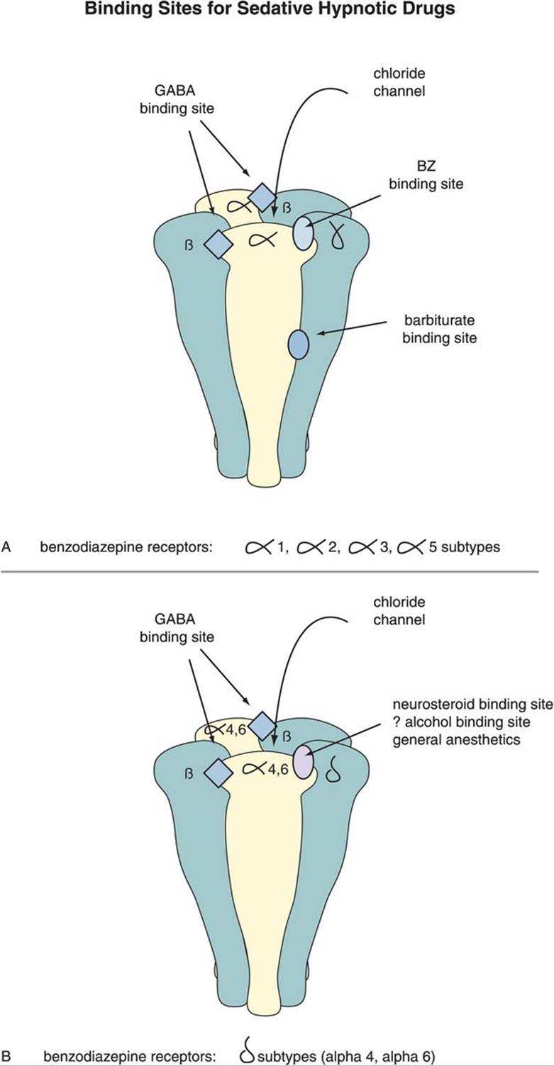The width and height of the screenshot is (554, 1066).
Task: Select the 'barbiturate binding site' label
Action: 439,330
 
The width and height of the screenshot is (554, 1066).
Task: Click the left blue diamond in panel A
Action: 218,243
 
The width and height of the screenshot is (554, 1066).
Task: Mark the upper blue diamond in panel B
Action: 261,725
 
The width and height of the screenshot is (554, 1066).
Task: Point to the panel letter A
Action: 6,546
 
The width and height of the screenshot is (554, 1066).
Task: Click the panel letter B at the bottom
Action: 6,1057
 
